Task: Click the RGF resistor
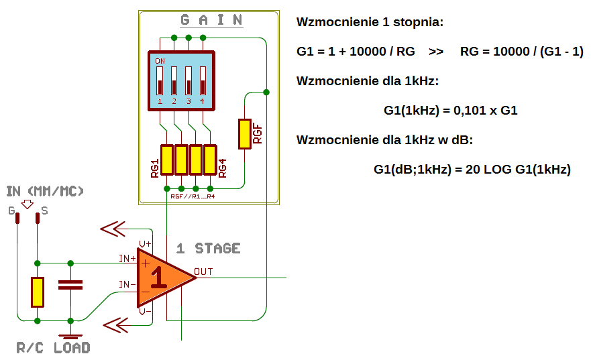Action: point(245,134)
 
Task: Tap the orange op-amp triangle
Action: point(162,278)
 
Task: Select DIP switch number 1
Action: point(160,80)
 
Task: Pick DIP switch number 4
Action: point(203,80)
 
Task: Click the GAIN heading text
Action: point(211,19)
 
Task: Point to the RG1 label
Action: point(154,168)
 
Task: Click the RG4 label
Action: point(222,168)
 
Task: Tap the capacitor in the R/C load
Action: point(70,285)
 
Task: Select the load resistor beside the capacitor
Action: point(38,292)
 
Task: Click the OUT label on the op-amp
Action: point(203,272)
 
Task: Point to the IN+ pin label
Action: point(127,259)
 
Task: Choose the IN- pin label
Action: point(127,284)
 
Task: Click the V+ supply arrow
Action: point(113,229)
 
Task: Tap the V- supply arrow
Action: point(115,325)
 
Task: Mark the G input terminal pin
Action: point(17,219)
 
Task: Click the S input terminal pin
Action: point(38,219)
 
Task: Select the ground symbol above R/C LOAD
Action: point(70,335)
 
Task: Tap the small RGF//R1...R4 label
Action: point(193,196)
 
